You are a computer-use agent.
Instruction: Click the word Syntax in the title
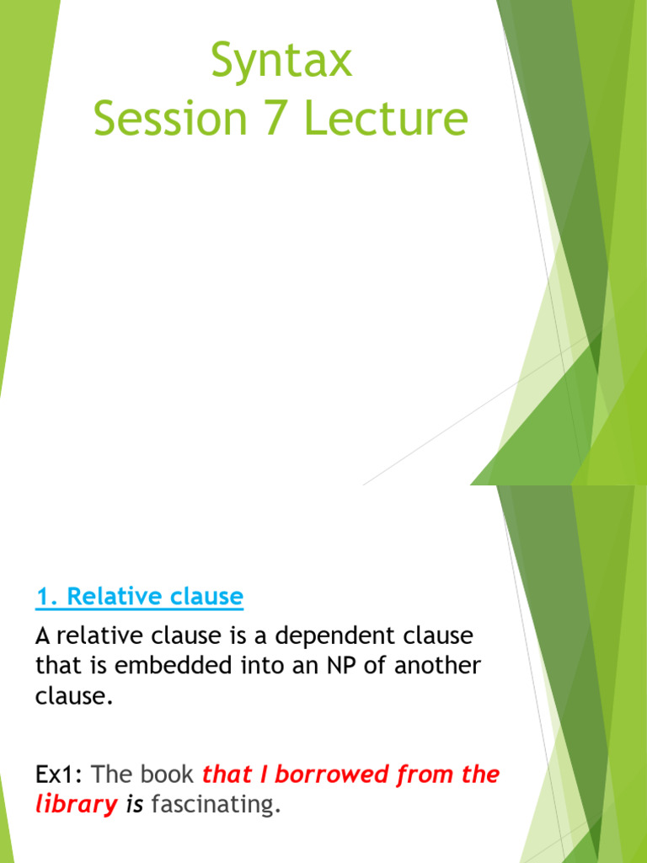click(281, 62)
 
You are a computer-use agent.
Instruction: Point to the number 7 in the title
click(265, 118)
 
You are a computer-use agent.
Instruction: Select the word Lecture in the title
click(385, 118)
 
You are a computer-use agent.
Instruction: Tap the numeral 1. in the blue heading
click(47, 598)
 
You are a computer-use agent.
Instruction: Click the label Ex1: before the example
click(59, 775)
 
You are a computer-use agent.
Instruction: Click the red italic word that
click(227, 775)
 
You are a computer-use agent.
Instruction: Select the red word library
click(76, 805)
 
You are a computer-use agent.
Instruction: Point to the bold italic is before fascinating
click(135, 805)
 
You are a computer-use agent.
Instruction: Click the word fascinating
click(215, 805)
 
